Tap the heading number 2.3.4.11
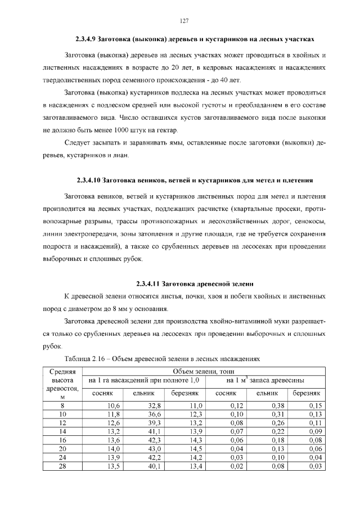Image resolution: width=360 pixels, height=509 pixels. tap(150, 283)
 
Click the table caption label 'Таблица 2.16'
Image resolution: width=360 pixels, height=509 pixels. tap(85, 358)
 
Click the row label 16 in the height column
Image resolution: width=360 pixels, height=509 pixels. tap(62, 439)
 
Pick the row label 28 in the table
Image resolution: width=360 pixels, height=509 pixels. tap(62, 466)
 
